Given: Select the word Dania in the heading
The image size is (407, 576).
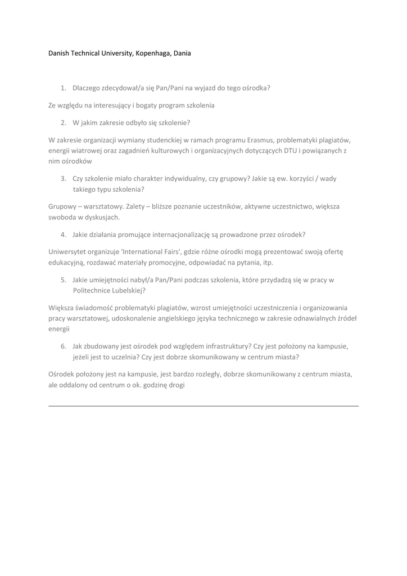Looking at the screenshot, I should pos(182,53).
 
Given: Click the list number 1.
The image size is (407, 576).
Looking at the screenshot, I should pos(63,88).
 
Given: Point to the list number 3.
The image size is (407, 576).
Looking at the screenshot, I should pos(63,178).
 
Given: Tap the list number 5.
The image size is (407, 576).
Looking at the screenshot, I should pos(63,280).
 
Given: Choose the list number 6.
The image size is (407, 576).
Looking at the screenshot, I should pos(63,346).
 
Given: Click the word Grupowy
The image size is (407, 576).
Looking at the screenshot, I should pos(62,206).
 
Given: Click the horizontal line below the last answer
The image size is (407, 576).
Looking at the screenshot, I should pos(203,406).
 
